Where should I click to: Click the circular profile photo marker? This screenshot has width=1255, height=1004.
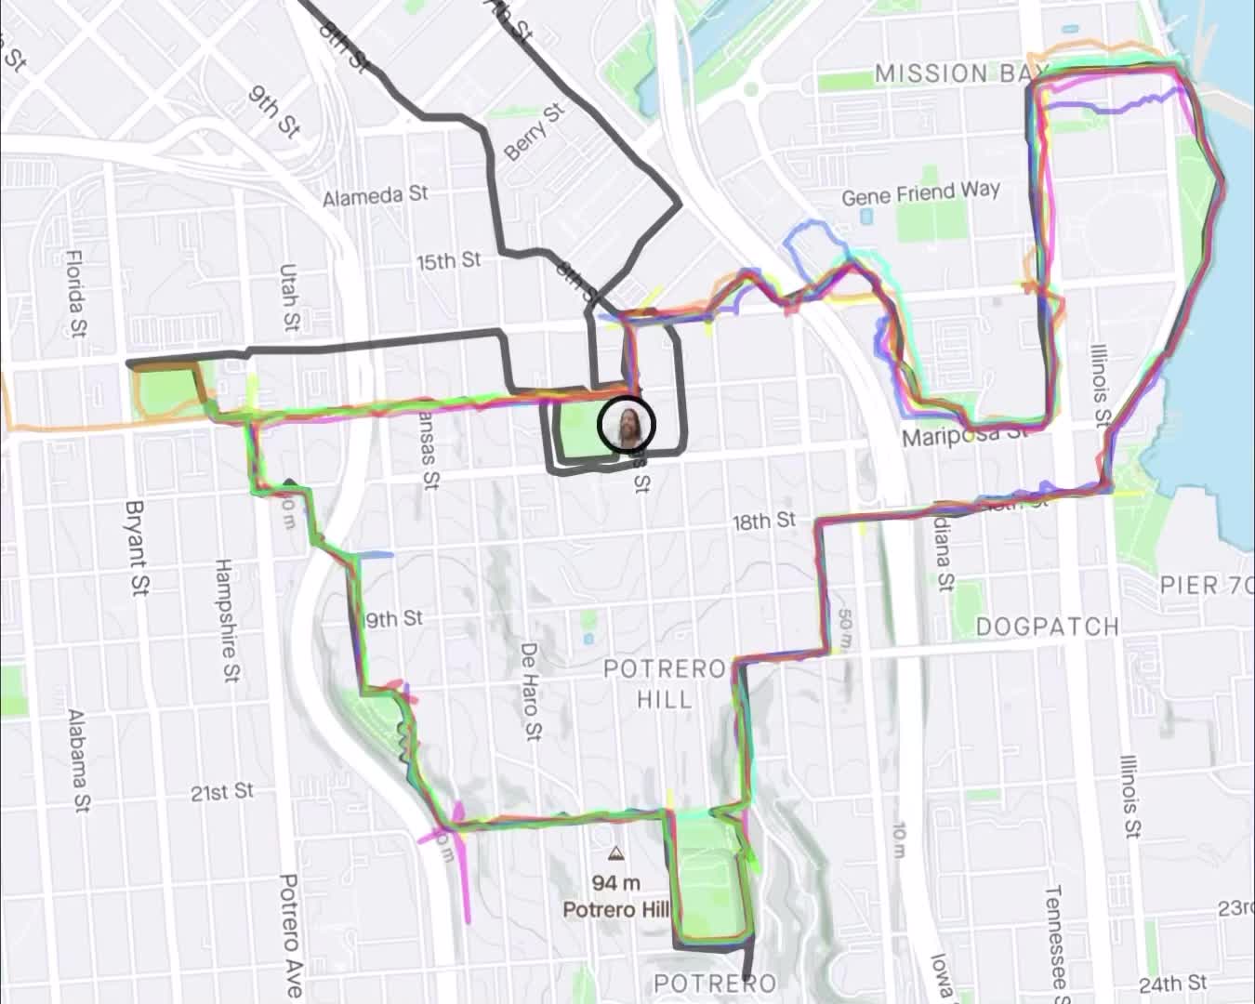627,424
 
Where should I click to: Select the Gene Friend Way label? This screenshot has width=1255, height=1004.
920,194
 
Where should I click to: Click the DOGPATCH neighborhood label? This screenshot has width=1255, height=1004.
1047,627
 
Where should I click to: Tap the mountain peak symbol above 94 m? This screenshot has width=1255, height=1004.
614,853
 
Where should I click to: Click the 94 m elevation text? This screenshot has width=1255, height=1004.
615,882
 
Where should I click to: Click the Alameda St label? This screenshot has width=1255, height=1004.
376,196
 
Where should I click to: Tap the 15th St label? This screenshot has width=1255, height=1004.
448,261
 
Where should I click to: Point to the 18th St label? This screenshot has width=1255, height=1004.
763,521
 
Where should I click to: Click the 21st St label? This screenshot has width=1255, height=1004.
222,792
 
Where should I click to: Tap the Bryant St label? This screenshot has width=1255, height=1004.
138,548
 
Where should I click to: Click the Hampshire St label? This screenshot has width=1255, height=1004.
226,620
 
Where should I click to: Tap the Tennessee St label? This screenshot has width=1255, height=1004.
1057,937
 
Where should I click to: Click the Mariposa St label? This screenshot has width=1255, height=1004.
965,434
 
